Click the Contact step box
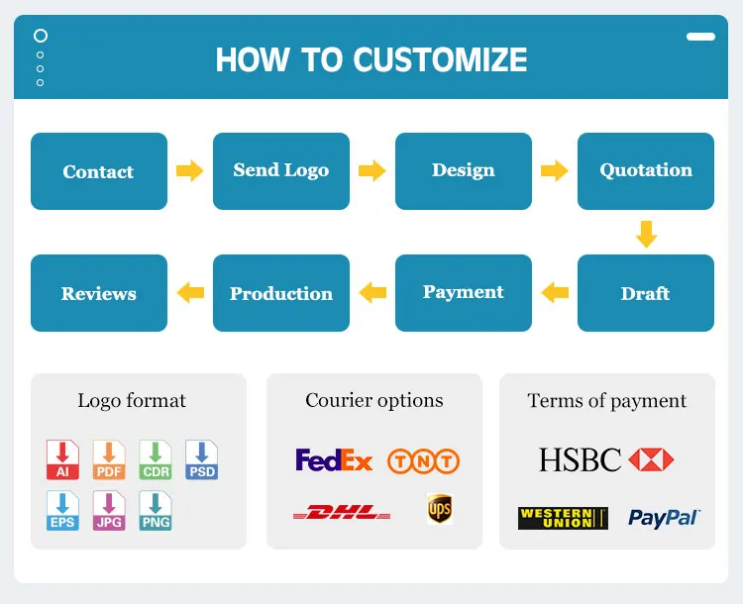pyautogui.click(x=98, y=171)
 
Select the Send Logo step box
pyautogui.click(x=281, y=171)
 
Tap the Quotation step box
pyautogui.click(x=646, y=171)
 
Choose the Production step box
pyautogui.click(x=281, y=293)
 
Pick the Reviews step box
pyautogui.click(x=98, y=293)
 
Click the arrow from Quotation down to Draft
pyautogui.click(x=646, y=234)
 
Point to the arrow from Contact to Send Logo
pyautogui.click(x=189, y=171)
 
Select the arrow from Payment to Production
pyautogui.click(x=372, y=292)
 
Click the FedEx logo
pyautogui.click(x=334, y=460)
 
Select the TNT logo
pyautogui.click(x=423, y=460)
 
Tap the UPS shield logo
pyautogui.click(x=440, y=509)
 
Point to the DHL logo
pyautogui.click(x=342, y=513)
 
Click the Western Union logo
pyautogui.click(x=563, y=518)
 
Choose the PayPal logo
pyautogui.click(x=664, y=518)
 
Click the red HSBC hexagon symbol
pyautogui.click(x=651, y=459)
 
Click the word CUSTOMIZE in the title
pyautogui.click(x=440, y=59)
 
